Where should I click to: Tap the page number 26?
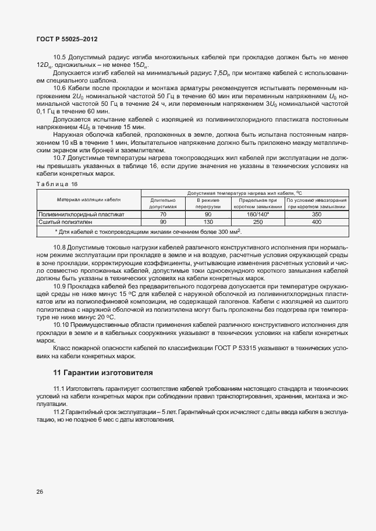40,491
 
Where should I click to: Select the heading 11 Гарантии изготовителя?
103,372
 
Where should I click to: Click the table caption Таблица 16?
57,184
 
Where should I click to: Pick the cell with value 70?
163,214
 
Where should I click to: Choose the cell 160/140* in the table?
256,214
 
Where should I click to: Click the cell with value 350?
317,214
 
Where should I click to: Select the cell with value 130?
207,222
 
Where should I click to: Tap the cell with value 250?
256,222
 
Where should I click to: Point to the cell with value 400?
317,222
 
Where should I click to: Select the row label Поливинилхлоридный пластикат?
81,214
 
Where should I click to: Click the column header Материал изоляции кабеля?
88,199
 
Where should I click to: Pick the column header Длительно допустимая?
163,203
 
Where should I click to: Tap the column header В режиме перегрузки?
207,203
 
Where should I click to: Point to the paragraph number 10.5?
60,57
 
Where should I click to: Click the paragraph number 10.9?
60,287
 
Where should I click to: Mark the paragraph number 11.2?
60,412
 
